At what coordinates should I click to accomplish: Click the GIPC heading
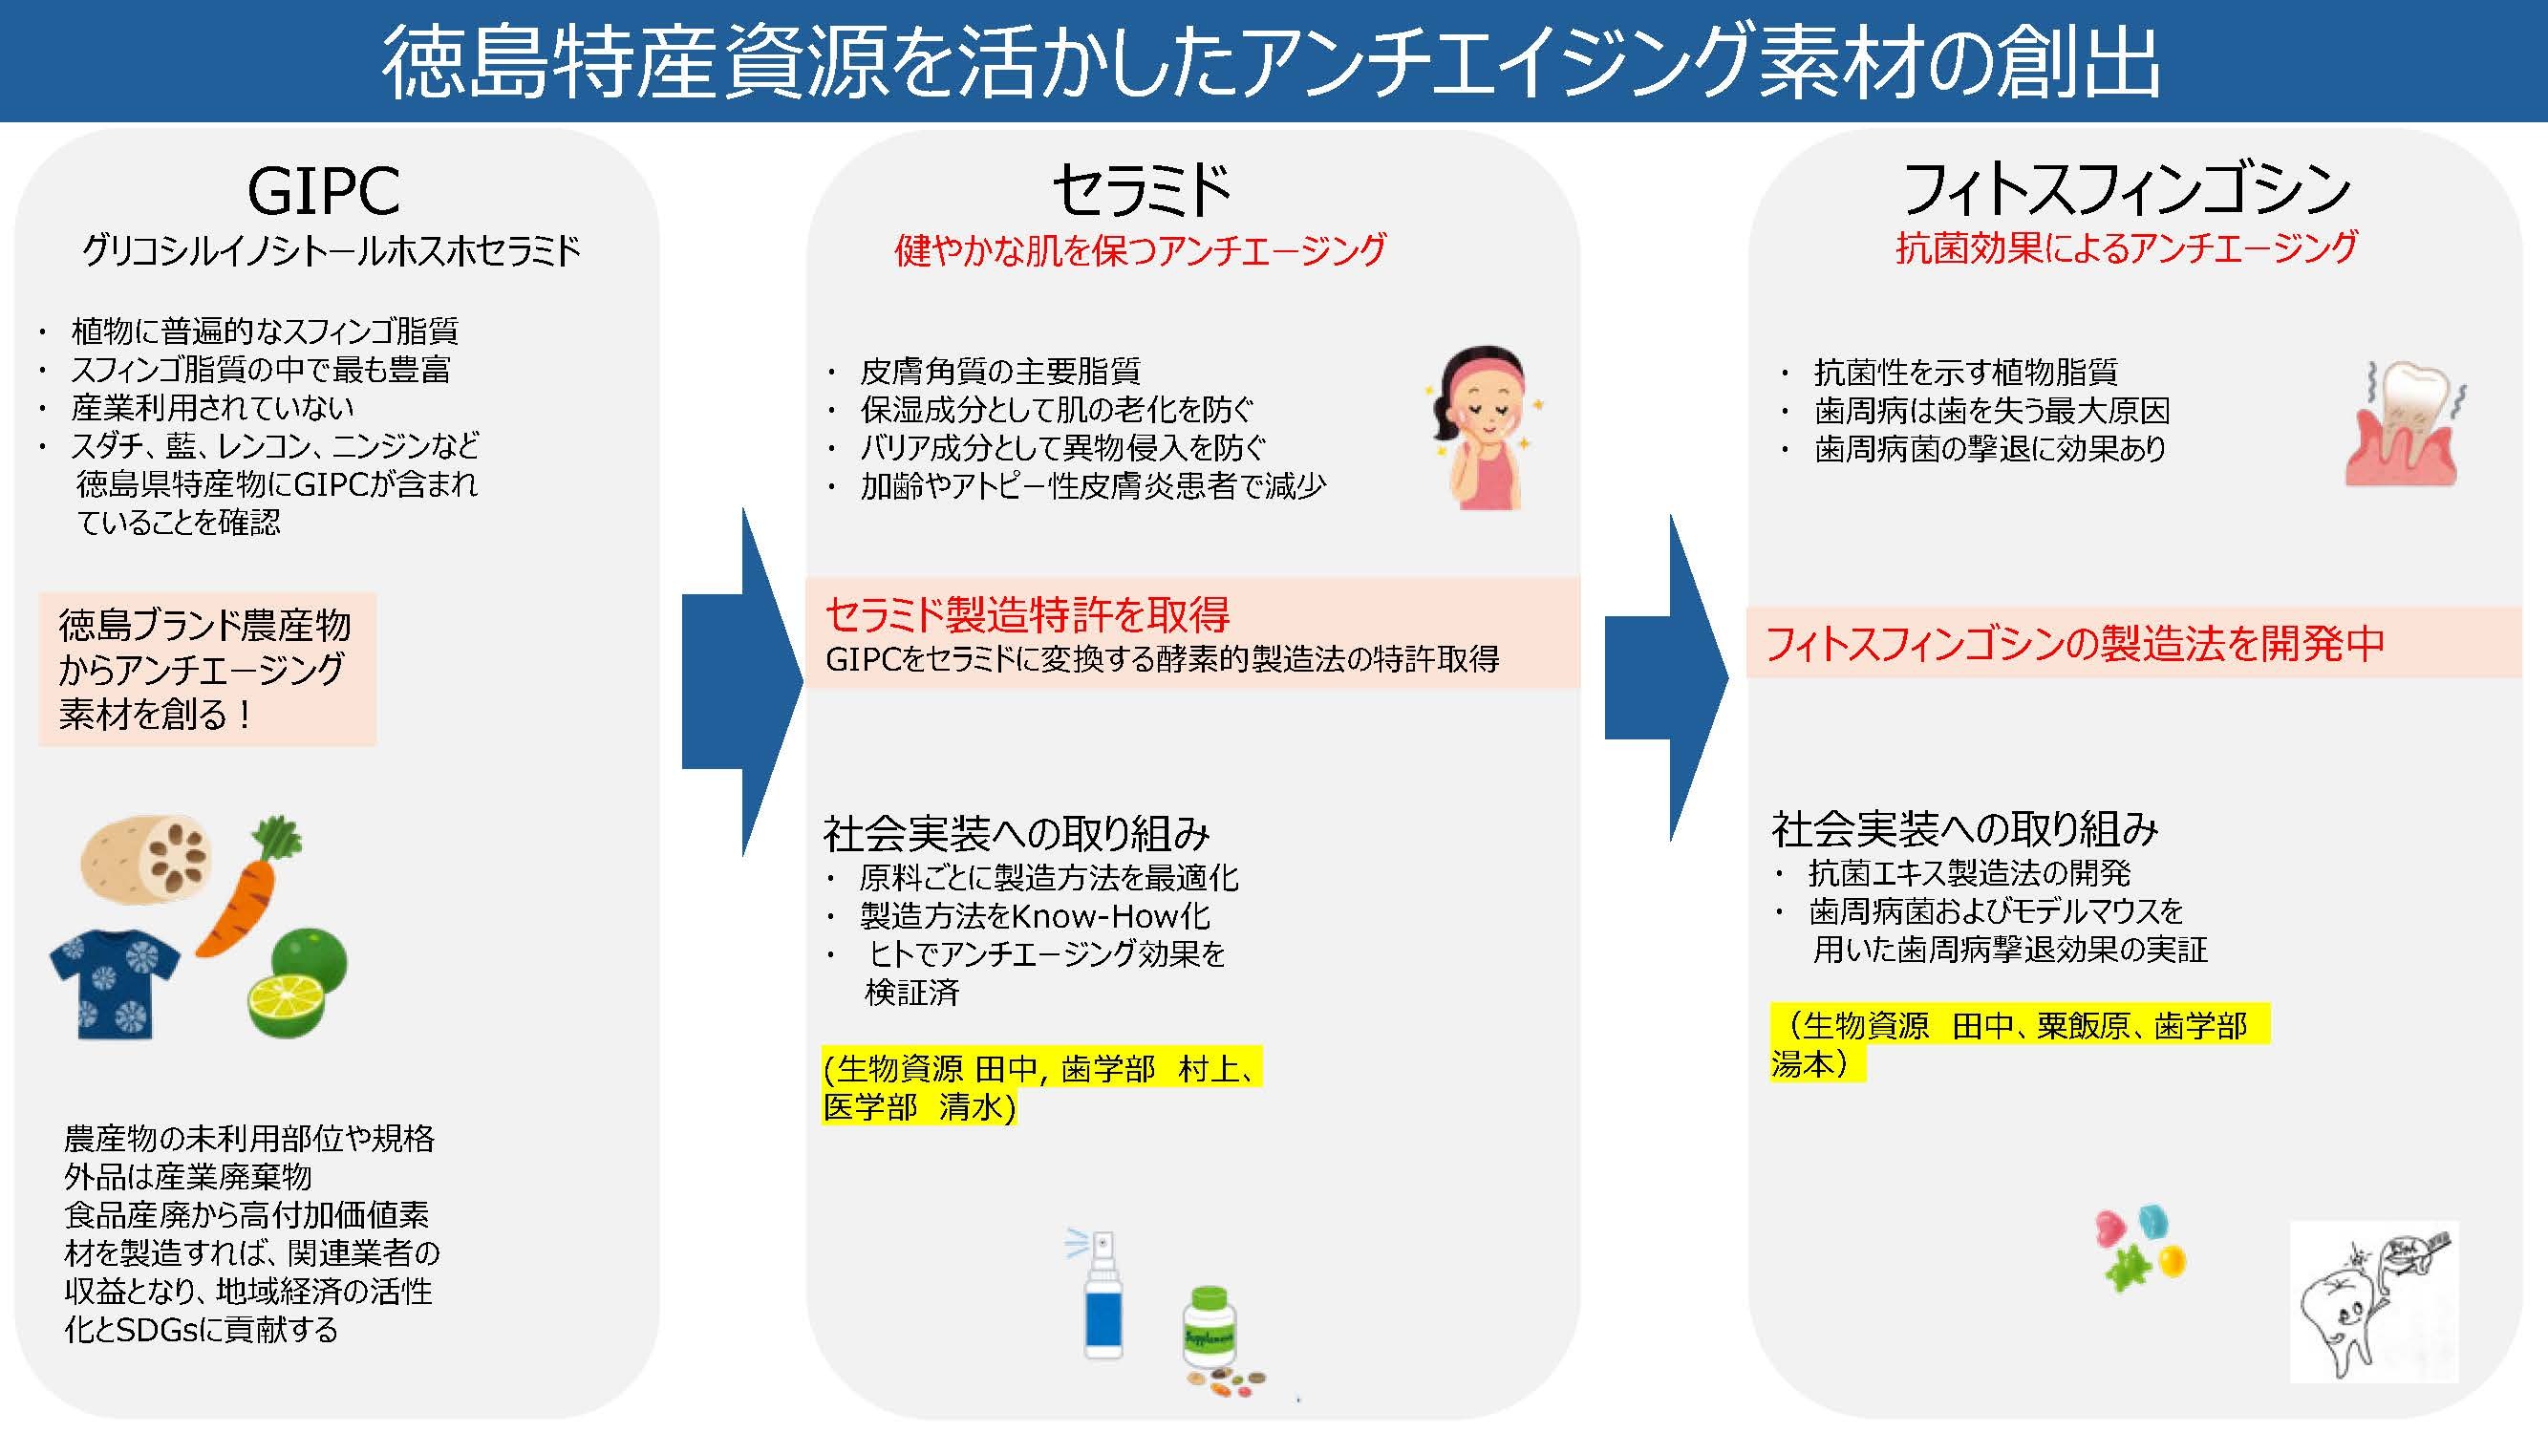pyautogui.click(x=324, y=190)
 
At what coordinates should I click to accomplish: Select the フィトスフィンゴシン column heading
pyautogui.click(x=2126, y=190)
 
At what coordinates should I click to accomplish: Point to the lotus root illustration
pyautogui.click(x=146, y=858)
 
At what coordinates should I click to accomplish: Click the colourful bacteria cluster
pyautogui.click(x=2139, y=1247)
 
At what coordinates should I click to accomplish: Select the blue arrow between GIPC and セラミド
pyautogui.click(x=741, y=682)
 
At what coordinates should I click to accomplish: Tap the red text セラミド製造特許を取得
pyautogui.click(x=1027, y=615)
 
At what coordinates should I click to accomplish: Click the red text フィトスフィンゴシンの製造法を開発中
pyautogui.click(x=2074, y=644)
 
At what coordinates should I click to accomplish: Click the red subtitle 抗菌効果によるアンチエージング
pyautogui.click(x=2127, y=247)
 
